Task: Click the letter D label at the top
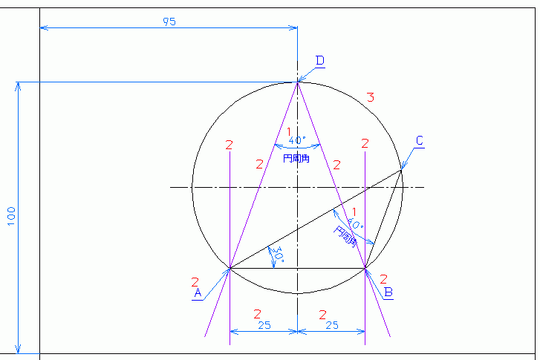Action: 320,60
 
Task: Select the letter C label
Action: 420,140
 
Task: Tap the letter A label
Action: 198,293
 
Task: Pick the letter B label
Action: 388,292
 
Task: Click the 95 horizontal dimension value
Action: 169,22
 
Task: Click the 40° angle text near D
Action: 296,140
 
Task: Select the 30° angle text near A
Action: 279,257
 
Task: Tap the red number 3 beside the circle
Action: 370,97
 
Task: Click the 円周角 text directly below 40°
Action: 296,158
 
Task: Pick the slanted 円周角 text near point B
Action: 345,236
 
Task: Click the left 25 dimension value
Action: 264,325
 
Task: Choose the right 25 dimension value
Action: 331,325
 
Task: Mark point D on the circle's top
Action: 298,82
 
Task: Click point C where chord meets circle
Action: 402,170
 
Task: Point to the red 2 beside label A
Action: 195,282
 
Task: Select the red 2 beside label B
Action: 384,279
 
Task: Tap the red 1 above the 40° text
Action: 289,131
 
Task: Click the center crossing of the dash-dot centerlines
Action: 298,187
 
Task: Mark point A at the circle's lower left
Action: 230,268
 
